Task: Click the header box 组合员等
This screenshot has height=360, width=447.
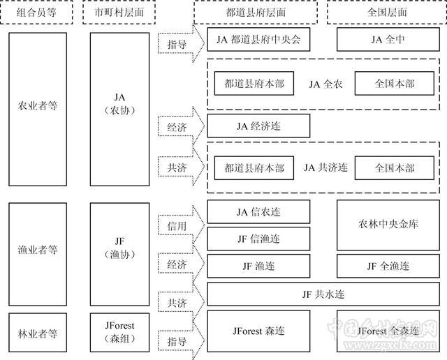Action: (37, 12)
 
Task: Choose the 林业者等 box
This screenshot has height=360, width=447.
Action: (37, 334)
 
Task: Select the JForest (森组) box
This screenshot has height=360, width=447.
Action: (119, 332)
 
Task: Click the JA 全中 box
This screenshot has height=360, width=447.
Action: (386, 40)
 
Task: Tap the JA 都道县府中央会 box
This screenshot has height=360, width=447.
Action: (258, 40)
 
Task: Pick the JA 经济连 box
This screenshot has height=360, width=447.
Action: (258, 126)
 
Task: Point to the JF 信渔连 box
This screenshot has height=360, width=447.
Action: (258, 239)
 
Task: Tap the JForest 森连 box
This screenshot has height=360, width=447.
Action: (258, 330)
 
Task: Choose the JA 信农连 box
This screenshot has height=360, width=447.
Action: (258, 211)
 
